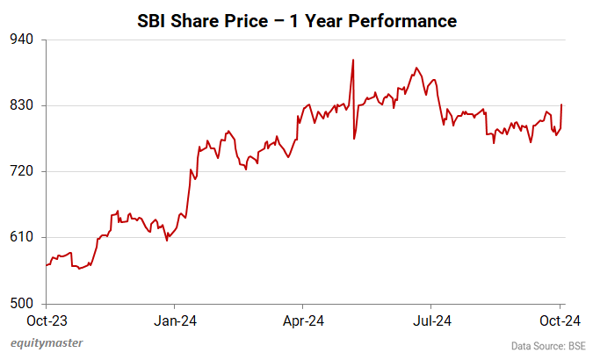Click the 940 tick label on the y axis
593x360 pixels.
click(22, 40)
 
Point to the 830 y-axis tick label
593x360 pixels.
click(22, 105)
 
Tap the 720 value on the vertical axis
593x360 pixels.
click(22, 171)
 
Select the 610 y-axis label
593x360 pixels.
click(22, 237)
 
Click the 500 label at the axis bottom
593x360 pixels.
click(22, 304)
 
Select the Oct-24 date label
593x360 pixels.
click(560, 320)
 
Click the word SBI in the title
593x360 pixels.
click(153, 20)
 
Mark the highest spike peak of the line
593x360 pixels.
click(352, 60)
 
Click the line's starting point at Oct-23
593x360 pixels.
click(46, 265)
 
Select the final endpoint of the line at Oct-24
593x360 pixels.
click(561, 104)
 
